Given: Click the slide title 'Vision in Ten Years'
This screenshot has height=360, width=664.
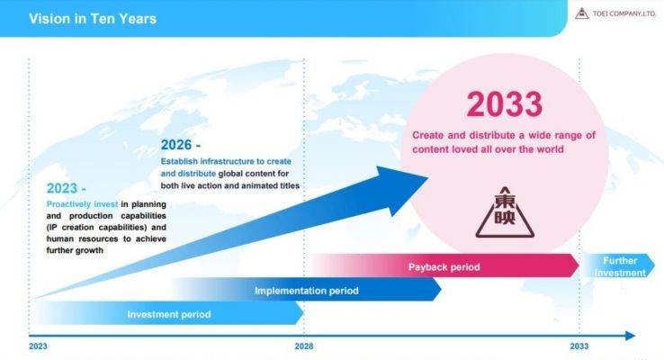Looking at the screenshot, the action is [x=93, y=19].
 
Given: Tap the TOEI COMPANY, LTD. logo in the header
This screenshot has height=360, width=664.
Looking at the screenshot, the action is [x=615, y=14].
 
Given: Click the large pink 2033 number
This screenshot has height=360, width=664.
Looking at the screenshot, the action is [x=504, y=104].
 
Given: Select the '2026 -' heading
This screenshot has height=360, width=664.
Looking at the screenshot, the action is [x=181, y=145].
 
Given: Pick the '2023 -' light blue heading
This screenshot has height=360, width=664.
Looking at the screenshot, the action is [x=66, y=188].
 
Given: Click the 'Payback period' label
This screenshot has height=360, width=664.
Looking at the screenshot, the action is [x=444, y=267].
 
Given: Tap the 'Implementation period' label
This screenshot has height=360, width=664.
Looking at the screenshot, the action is [x=307, y=291].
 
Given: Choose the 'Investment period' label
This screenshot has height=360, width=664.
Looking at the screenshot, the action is [x=169, y=315].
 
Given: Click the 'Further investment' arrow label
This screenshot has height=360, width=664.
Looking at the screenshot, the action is [x=620, y=266].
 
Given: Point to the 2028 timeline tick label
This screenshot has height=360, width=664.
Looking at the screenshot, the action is [x=304, y=346].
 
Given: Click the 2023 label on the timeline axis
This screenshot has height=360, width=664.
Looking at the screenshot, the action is [x=38, y=346].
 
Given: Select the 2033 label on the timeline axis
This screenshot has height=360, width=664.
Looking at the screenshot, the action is [x=579, y=346].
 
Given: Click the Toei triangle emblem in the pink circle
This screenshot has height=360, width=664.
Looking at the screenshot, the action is [x=505, y=212].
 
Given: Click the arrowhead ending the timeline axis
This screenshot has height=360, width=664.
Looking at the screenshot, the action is [x=631, y=336].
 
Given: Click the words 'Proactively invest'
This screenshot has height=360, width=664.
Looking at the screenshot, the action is [x=82, y=204].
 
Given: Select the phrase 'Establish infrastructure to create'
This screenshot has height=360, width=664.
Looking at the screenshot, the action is [x=226, y=161].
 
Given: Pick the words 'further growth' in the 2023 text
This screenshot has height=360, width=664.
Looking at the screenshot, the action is [x=75, y=250].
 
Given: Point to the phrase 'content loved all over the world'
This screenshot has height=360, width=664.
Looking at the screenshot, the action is [x=488, y=149].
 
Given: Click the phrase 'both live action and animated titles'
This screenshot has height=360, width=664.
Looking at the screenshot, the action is [x=230, y=186].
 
